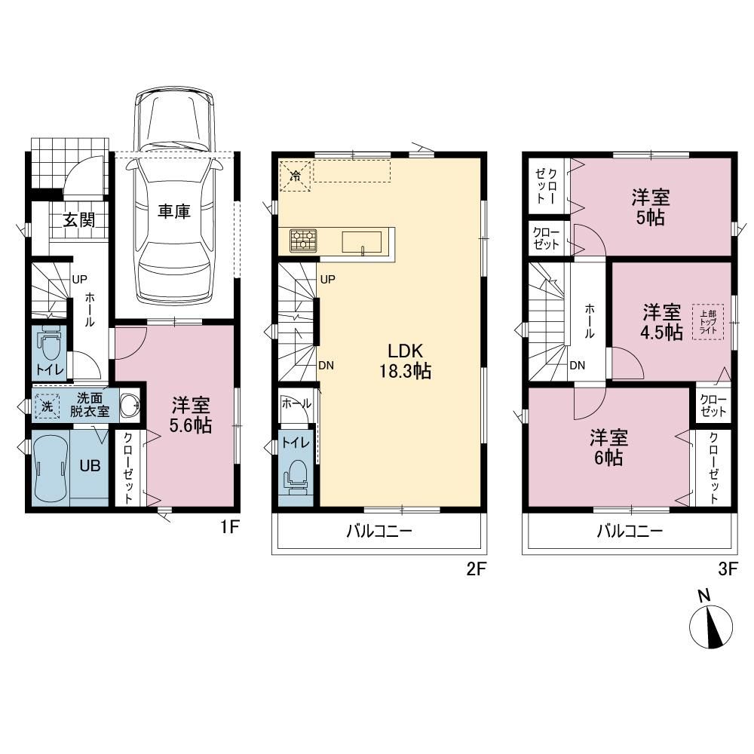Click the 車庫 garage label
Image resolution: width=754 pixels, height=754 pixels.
click(x=174, y=212)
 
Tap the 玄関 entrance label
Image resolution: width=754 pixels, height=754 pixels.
click(x=79, y=220)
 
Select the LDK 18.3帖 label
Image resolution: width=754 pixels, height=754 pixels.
click(x=406, y=360)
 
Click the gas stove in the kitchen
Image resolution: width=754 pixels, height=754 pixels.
click(x=303, y=241)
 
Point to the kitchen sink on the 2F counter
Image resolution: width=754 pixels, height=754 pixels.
click(x=362, y=242)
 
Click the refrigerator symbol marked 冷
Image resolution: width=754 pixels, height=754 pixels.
click(x=295, y=175)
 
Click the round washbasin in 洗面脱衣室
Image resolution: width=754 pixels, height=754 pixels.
click(x=129, y=406)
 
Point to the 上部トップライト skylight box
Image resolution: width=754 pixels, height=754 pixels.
click(x=708, y=322)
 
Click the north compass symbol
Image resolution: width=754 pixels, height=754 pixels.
click(x=711, y=626)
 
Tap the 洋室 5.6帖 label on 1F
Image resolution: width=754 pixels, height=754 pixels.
click(x=191, y=415)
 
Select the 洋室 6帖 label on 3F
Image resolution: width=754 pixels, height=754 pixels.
click(x=608, y=447)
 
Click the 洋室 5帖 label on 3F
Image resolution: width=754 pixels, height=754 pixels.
click(x=651, y=208)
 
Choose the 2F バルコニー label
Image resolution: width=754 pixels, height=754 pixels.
click(x=379, y=531)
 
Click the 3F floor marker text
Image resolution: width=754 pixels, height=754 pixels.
click(x=728, y=569)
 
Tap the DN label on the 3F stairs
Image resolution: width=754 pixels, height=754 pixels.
click(x=577, y=366)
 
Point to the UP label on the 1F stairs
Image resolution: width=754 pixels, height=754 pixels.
click(x=79, y=279)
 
